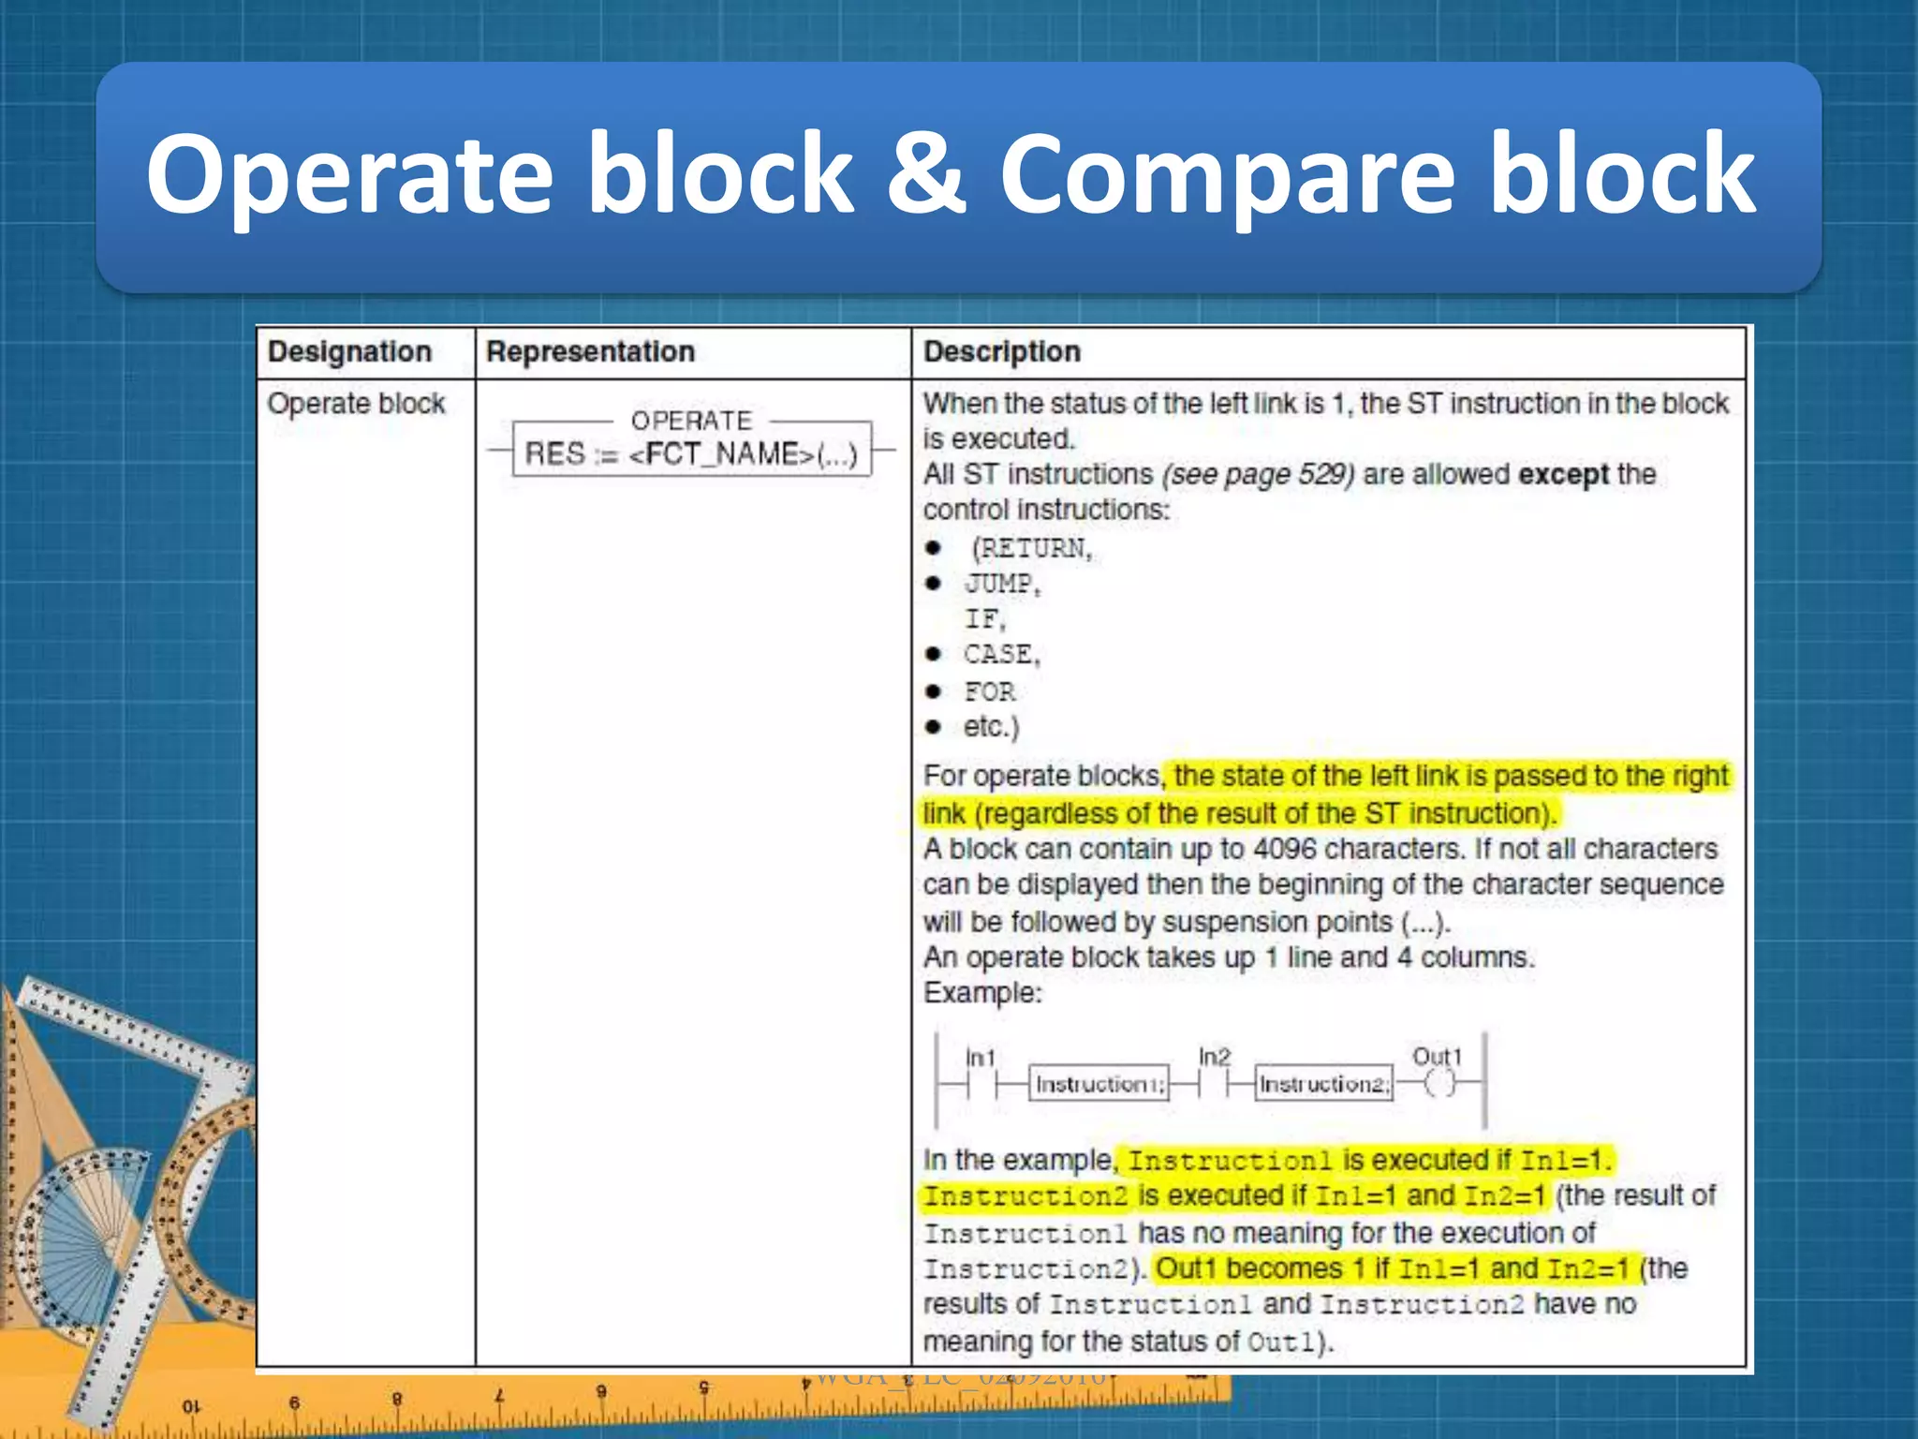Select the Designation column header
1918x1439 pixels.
(x=349, y=352)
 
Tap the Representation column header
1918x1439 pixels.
(x=590, y=352)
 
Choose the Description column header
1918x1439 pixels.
(x=1001, y=352)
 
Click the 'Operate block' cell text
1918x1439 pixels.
(x=356, y=404)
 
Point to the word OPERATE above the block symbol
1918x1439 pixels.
(x=691, y=421)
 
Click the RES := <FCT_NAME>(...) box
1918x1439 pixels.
(x=691, y=453)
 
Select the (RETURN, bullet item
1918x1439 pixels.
(x=1030, y=548)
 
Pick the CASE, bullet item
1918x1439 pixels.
(x=1001, y=654)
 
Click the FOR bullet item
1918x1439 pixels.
(x=990, y=691)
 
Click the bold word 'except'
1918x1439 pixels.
(x=1563, y=474)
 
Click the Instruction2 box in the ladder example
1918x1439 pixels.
(x=1323, y=1084)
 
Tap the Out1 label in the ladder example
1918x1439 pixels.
(x=1437, y=1057)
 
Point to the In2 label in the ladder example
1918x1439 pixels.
(x=1215, y=1057)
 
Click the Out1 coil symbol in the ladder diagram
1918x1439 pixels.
(x=1440, y=1084)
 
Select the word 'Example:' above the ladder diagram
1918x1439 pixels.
(x=982, y=993)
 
